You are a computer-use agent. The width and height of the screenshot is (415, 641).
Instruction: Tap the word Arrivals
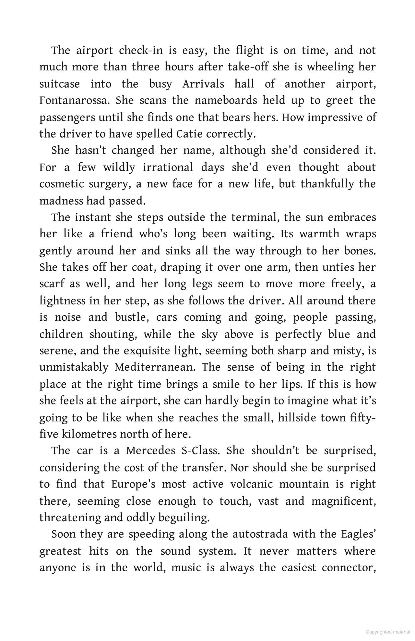(203, 84)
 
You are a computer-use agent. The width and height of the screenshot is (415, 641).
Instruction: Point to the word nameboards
(226, 100)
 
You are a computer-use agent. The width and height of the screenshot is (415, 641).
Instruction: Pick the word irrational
(168, 167)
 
